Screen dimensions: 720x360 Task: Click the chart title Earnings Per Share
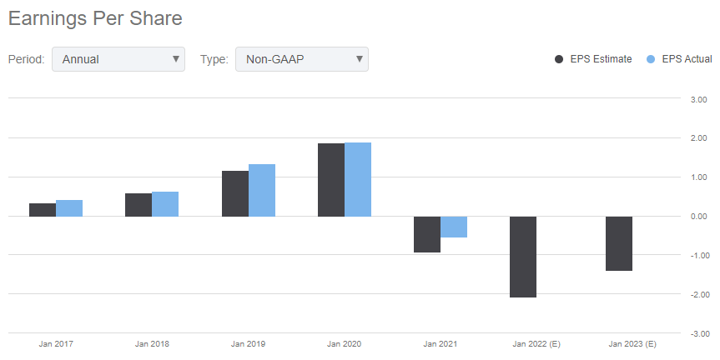95,19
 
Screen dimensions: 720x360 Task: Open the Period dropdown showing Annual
118,59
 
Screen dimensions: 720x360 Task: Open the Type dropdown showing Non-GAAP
302,59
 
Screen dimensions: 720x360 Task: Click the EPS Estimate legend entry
593,59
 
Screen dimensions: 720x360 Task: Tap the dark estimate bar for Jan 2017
43,209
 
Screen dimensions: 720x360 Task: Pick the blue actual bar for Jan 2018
165,204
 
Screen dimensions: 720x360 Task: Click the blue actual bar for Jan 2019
262,190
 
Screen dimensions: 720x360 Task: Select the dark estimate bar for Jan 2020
331,180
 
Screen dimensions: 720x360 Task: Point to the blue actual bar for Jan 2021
454,227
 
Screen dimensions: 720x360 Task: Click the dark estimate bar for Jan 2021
427,234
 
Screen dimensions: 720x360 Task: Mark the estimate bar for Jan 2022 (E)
523,257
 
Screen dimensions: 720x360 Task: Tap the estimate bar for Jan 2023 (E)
619,243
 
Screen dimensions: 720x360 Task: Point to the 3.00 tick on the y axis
698,99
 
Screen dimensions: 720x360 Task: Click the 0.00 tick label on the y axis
698,217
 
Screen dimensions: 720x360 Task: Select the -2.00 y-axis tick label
700,294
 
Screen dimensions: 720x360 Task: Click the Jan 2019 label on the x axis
248,344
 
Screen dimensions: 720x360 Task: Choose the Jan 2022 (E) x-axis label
536,344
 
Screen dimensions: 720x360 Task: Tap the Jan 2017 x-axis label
56,344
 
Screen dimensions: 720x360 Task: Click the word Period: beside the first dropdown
26,59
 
